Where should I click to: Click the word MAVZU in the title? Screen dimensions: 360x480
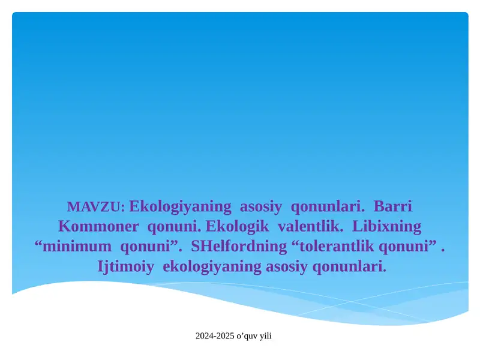coord(95,208)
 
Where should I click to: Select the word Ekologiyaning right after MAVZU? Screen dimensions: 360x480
coord(180,207)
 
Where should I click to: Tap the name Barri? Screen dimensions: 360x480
coord(393,207)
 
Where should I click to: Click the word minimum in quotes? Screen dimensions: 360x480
coord(77,247)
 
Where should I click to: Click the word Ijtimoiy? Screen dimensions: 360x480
coord(125,266)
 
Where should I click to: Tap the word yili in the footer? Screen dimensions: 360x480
coord(265,336)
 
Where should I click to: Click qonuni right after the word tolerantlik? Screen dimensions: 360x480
coord(408,247)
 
